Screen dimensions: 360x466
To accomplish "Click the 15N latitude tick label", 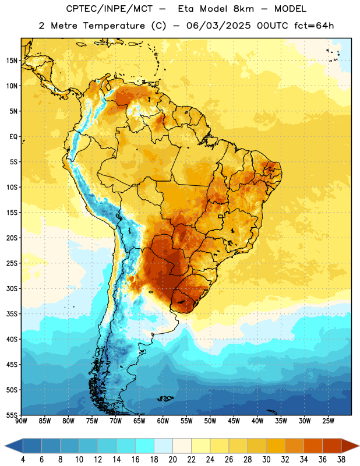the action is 12,61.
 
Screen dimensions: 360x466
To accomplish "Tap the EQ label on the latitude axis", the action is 13,137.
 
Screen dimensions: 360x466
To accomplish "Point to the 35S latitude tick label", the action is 12,314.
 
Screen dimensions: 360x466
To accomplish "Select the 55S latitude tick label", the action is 12,415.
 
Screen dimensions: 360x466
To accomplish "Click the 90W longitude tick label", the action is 21,421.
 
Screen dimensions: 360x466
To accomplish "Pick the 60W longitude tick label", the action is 163,421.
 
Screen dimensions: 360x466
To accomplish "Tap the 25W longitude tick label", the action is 328,421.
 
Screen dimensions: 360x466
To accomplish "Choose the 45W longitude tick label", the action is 234,421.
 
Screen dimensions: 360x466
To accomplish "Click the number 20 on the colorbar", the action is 172,460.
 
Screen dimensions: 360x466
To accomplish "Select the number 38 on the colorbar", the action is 341,460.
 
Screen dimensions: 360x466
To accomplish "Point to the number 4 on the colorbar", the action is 23,460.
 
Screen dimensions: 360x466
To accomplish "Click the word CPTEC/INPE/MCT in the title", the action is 110,9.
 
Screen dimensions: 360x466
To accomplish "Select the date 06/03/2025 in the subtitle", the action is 218,26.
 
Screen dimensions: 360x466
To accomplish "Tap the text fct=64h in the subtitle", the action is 314,26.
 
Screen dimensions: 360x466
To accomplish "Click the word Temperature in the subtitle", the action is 114,26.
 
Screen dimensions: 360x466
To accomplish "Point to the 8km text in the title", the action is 243,9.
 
